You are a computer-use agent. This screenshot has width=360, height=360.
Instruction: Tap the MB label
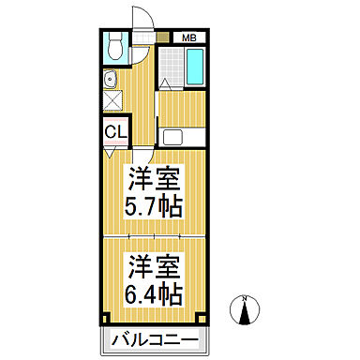point(189,37)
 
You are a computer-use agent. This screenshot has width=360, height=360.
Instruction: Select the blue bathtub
point(198,69)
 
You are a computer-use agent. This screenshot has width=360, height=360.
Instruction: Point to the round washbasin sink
point(110,78)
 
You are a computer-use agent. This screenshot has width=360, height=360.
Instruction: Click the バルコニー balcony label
point(152,338)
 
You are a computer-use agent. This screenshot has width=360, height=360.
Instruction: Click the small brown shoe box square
point(164,37)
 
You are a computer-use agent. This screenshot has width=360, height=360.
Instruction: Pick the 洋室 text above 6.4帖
point(151,263)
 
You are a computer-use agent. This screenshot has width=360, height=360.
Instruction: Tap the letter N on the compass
point(247,299)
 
